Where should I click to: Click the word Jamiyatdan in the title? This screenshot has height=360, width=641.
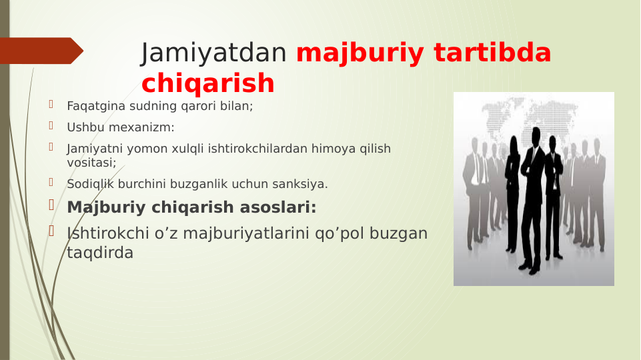214,53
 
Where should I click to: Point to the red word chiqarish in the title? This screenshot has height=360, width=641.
207,83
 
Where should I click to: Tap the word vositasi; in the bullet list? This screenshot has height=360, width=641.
91,162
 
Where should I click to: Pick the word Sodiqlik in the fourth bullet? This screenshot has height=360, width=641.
88,183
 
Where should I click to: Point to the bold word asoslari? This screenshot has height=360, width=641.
274,207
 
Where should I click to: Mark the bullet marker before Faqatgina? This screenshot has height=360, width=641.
50,105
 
